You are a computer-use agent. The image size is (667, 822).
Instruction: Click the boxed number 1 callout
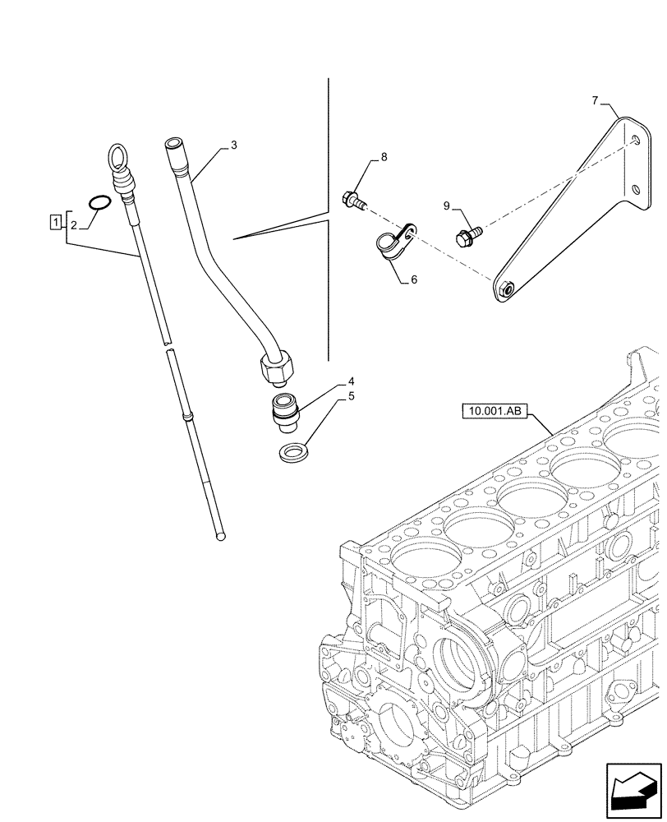(55, 221)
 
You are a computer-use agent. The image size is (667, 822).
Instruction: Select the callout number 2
(73, 224)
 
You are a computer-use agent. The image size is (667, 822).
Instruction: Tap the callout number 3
(233, 145)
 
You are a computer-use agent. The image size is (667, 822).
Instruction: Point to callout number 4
(351, 381)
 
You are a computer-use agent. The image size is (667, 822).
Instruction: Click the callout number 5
(351, 396)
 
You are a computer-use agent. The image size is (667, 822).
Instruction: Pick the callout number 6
(414, 279)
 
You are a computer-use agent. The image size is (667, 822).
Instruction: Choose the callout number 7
(596, 101)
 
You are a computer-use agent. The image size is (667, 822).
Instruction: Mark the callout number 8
(383, 156)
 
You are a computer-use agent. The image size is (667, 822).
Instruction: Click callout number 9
(447, 205)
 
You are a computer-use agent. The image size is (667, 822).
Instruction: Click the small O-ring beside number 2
(99, 202)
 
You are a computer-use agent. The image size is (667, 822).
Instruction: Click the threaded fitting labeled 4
(284, 410)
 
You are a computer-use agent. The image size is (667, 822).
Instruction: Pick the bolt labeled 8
(352, 198)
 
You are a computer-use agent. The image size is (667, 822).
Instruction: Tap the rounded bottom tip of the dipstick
(219, 536)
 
